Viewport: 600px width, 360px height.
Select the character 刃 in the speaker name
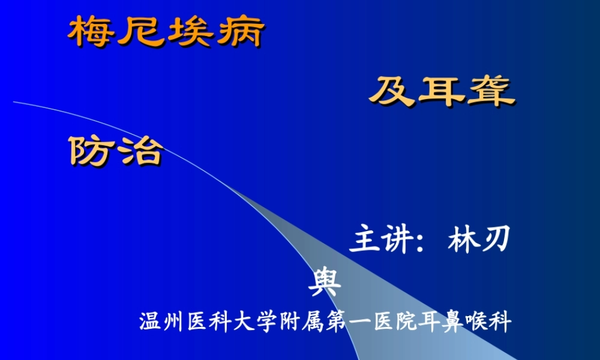(497, 241)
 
